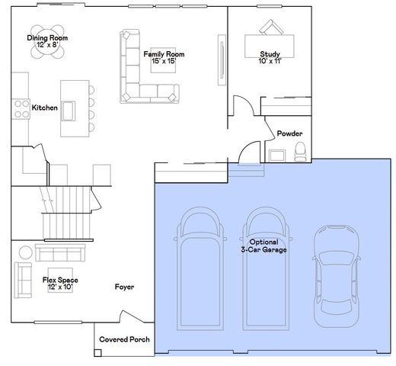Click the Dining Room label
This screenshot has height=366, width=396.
click(x=47, y=38)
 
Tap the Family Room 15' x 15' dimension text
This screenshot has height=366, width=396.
click(x=164, y=61)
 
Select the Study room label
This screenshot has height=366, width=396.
click(x=270, y=54)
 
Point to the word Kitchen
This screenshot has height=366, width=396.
click(x=45, y=108)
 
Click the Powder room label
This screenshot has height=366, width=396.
click(x=289, y=133)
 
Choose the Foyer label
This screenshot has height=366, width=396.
click(x=124, y=287)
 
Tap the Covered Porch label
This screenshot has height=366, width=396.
click(x=124, y=339)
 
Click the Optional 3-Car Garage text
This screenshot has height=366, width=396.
click(x=263, y=246)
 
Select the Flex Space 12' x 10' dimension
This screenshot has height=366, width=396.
click(x=60, y=287)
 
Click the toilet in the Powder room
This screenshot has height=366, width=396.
click(x=300, y=152)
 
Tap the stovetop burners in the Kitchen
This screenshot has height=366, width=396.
click(x=21, y=109)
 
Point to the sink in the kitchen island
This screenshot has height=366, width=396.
click(x=69, y=111)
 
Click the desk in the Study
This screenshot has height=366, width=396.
click(x=270, y=47)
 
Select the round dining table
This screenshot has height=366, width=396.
click(x=47, y=42)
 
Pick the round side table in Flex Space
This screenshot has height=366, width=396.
click(x=26, y=252)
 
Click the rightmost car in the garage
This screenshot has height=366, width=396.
click(x=337, y=276)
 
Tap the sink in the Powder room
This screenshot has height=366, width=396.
click(x=277, y=156)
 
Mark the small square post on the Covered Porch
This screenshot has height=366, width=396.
click(x=97, y=353)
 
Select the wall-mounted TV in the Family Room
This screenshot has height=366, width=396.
click(x=222, y=60)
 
